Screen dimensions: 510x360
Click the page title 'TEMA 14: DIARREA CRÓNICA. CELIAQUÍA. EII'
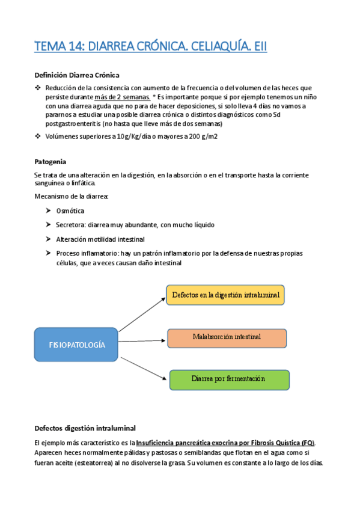point(150,46)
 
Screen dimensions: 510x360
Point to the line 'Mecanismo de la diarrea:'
point(72,197)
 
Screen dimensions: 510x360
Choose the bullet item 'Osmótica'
point(70,211)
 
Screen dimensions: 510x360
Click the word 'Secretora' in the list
point(70,225)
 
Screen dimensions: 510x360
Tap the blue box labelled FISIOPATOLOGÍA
point(76,345)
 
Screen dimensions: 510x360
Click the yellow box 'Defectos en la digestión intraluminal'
point(225,295)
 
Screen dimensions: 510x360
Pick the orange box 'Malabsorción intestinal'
point(227,337)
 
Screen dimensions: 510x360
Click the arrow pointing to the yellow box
point(142,312)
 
